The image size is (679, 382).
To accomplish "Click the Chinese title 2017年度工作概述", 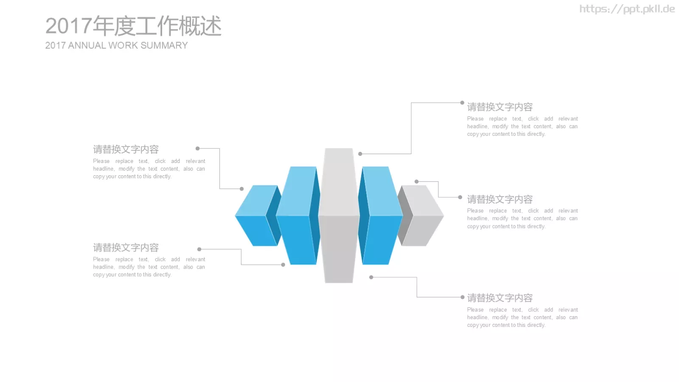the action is coord(133,26).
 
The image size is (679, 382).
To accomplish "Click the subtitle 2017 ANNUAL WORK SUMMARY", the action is coord(116,45).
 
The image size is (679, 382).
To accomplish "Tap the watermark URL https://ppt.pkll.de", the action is coord(627,9).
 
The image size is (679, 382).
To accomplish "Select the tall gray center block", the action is coord(339,215).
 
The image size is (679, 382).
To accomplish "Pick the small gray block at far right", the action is coord(421,216).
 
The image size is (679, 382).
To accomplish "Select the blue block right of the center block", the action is coord(380,216).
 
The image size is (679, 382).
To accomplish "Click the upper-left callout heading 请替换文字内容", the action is coord(126,149).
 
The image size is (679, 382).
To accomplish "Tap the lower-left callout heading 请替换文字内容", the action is coord(126,247).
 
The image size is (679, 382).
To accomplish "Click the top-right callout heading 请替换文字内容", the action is coord(500,107).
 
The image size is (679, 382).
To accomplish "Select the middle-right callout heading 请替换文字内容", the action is coord(500,199).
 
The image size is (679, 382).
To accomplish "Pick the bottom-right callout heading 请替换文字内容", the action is coord(500,298).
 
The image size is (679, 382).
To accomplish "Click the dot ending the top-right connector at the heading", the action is coord(462,102).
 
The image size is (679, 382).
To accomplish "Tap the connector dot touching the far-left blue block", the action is coord(241,189).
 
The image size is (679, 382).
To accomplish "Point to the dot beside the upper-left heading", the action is coord(198,149).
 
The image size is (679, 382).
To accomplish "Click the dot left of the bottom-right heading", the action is coord(462,297).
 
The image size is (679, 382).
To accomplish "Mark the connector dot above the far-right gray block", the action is coord(416,182).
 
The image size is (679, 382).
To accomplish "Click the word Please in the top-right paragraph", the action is coord(475,118).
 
